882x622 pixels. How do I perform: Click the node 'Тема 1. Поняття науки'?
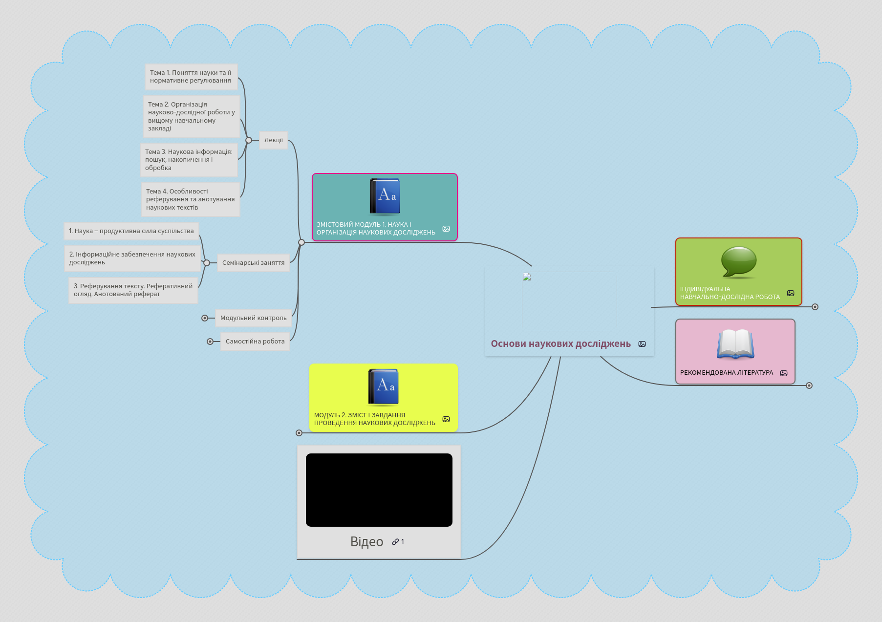[191, 77]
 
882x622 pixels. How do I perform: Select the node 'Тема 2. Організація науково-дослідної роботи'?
[191, 116]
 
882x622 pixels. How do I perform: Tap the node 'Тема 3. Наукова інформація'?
[189, 160]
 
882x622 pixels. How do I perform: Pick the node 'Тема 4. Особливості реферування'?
[190, 199]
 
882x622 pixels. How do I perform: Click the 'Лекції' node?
[274, 140]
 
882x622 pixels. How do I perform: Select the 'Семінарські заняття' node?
[253, 263]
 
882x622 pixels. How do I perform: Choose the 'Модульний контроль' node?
[253, 318]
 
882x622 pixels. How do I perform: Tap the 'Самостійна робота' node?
[255, 342]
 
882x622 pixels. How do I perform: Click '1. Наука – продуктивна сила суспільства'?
[131, 231]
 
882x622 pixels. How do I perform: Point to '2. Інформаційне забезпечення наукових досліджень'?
[132, 258]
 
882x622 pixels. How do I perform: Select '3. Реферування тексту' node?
[133, 290]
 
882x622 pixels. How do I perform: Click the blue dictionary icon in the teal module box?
[385, 196]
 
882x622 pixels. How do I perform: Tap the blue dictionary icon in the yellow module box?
[384, 387]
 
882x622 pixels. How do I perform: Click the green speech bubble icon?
[739, 262]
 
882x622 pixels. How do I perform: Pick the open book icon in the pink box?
[735, 344]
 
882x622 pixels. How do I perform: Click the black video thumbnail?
[379, 490]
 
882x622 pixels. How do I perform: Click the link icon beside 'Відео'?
[395, 542]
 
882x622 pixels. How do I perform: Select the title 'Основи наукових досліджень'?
[560, 344]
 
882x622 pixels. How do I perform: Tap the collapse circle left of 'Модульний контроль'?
[205, 318]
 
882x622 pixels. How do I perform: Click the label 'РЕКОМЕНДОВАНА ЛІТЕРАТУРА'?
[727, 373]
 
